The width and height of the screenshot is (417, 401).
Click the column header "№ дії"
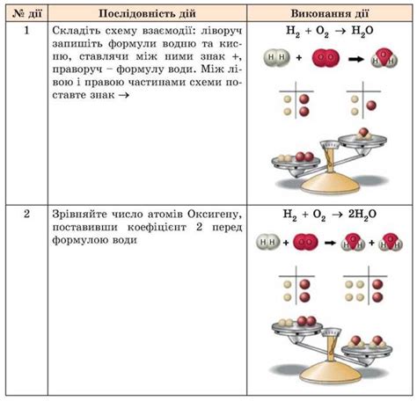point(27,13)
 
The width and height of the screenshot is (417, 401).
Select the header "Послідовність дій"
point(147,13)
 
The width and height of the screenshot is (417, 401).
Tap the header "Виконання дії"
point(329,13)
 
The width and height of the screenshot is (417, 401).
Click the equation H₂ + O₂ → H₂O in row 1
point(329,31)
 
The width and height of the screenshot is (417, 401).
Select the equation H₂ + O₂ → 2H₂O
point(329,215)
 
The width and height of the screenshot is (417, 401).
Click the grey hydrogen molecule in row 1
point(276,57)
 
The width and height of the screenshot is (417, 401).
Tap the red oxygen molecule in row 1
point(326,57)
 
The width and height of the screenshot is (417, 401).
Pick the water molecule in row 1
point(384,58)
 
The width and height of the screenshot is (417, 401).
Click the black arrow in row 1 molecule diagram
point(355,59)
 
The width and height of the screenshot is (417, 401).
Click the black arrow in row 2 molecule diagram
point(330,243)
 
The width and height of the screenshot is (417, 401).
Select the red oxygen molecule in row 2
point(305,242)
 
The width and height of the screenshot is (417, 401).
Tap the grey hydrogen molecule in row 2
point(267,242)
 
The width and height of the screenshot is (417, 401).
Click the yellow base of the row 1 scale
point(330,184)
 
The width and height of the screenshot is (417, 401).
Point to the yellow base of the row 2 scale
point(330,372)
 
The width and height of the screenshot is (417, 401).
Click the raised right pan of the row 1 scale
point(362,142)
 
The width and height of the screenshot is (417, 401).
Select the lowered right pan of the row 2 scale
point(367,350)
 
